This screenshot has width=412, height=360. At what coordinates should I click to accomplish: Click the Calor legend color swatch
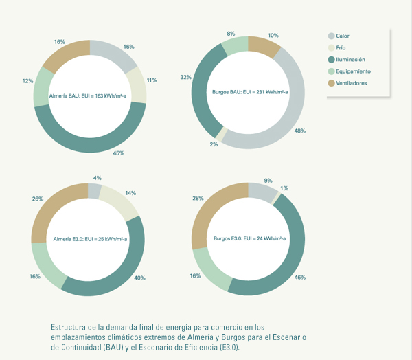(332, 36)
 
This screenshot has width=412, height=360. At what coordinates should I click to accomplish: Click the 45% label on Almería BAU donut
(118, 153)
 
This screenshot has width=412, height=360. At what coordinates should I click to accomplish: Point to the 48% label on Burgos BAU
(300, 130)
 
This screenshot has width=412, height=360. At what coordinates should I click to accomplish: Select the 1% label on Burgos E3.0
(284, 188)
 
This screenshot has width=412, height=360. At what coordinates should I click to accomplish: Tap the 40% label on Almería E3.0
(139, 278)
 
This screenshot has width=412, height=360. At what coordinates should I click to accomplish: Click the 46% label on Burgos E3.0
(299, 277)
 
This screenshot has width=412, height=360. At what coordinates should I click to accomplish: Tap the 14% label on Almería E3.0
(130, 193)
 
